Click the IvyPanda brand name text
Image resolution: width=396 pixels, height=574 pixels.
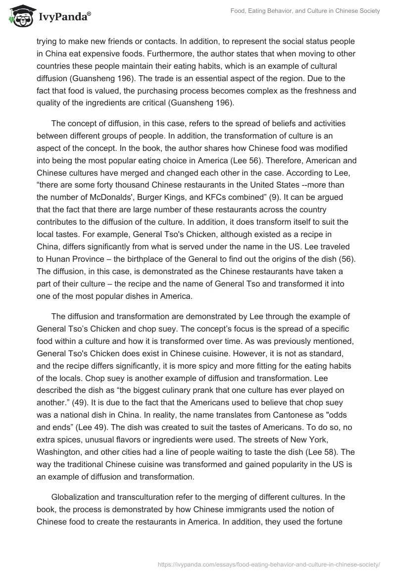(64, 16)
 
